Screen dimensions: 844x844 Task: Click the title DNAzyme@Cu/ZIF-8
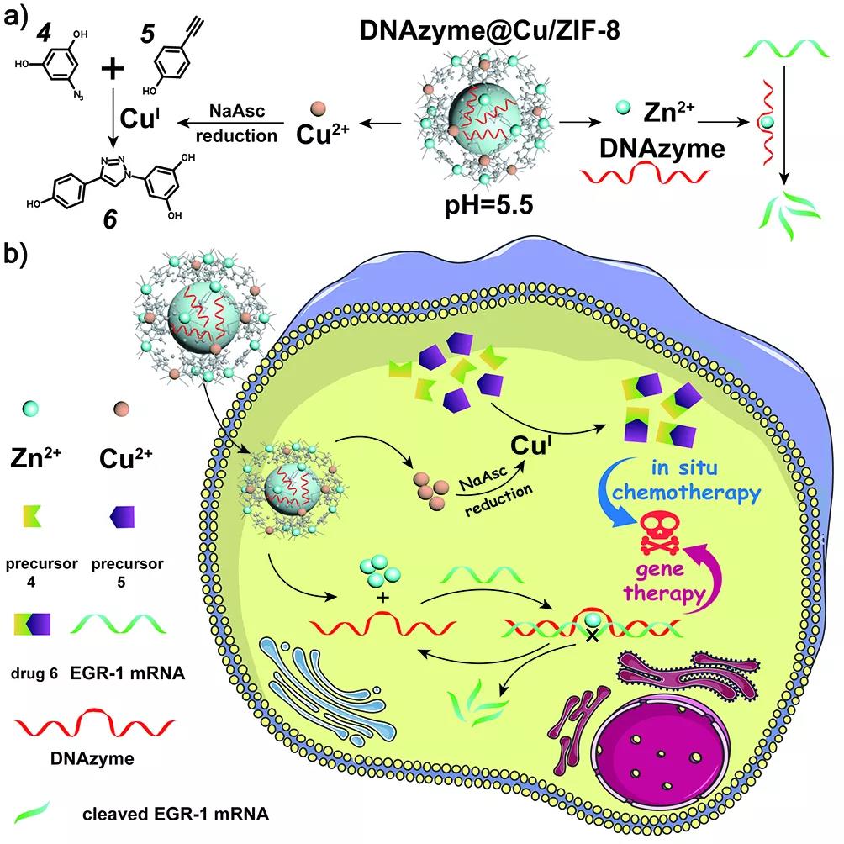[490, 30]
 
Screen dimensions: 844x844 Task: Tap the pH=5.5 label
[488, 204]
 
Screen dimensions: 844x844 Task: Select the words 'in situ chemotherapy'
[686, 480]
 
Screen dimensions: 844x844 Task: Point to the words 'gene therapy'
[664, 583]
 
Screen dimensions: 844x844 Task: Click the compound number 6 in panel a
[110, 219]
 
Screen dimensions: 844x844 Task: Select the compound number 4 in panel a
[45, 34]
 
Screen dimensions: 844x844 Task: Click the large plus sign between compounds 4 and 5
[113, 68]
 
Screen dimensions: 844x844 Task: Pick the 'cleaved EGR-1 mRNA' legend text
[176, 814]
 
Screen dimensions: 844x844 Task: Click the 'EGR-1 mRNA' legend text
[128, 673]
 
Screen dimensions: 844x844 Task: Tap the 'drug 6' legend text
[34, 673]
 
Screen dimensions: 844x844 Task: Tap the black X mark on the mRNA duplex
[592, 636]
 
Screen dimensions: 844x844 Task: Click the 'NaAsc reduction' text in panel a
[237, 124]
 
